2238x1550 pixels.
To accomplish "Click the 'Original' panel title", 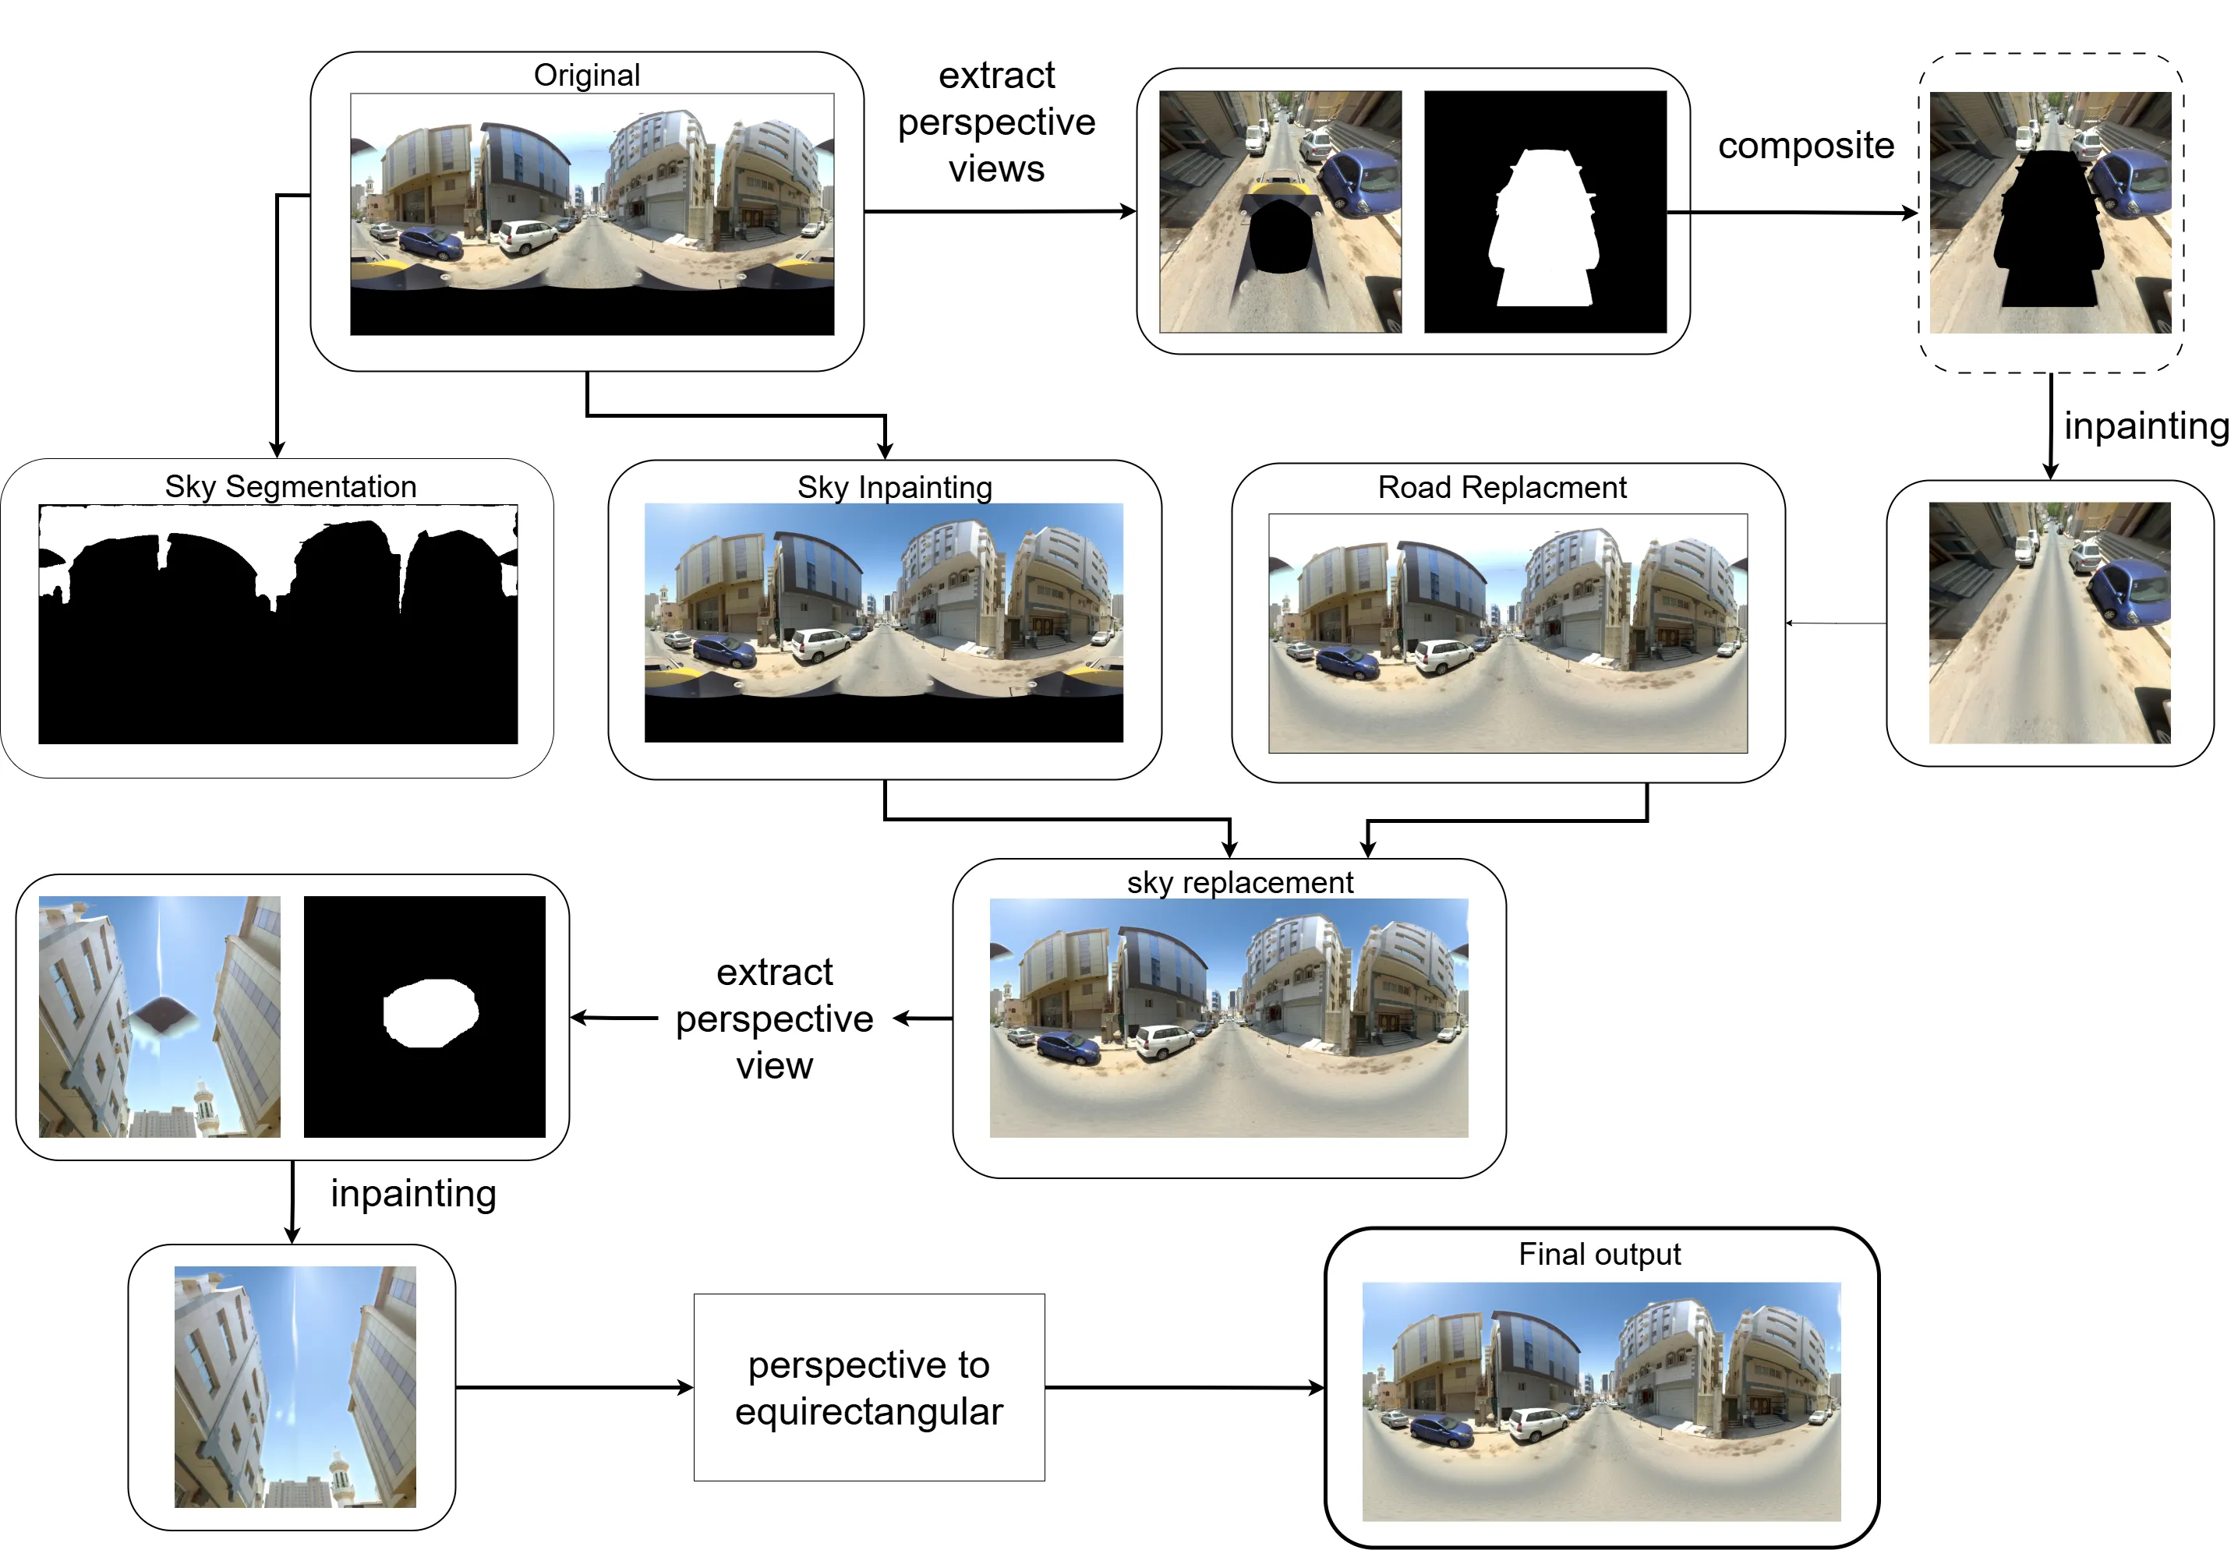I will pos(587,75).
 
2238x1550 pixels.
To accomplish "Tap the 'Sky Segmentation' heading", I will pos(291,485).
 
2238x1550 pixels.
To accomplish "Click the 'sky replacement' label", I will pos(1239,882).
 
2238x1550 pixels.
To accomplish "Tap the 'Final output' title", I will pos(1599,1254).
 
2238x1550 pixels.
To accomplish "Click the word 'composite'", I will pos(1805,146).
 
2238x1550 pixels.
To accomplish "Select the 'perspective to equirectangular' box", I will pos(868,1387).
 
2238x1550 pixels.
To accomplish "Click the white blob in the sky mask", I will pos(430,1012).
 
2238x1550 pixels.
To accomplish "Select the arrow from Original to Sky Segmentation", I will pos(278,320).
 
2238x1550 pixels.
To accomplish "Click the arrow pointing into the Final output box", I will pos(1185,1388).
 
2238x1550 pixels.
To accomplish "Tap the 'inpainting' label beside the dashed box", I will pos(2146,425).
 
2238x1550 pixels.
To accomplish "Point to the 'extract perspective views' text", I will pos(996,122).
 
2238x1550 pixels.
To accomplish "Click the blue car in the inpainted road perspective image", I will pos(2132,587).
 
